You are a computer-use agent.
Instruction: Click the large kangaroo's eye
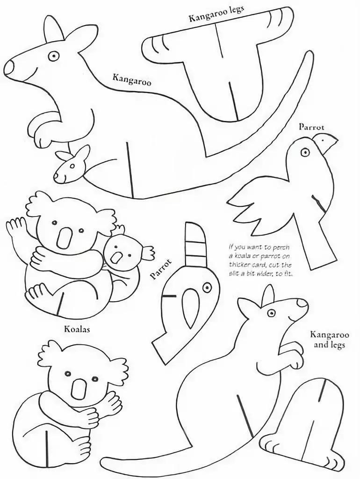click(x=54, y=56)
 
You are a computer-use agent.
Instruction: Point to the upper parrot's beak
click(x=326, y=143)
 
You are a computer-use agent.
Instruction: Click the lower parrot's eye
click(x=207, y=287)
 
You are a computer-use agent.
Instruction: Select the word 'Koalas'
click(x=77, y=329)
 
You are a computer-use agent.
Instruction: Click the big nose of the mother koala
click(x=65, y=238)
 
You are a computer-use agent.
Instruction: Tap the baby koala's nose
click(x=116, y=257)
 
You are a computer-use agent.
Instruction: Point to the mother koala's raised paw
click(x=16, y=227)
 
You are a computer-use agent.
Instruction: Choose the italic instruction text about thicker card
click(x=260, y=260)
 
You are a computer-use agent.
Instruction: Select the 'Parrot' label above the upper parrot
click(x=311, y=126)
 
